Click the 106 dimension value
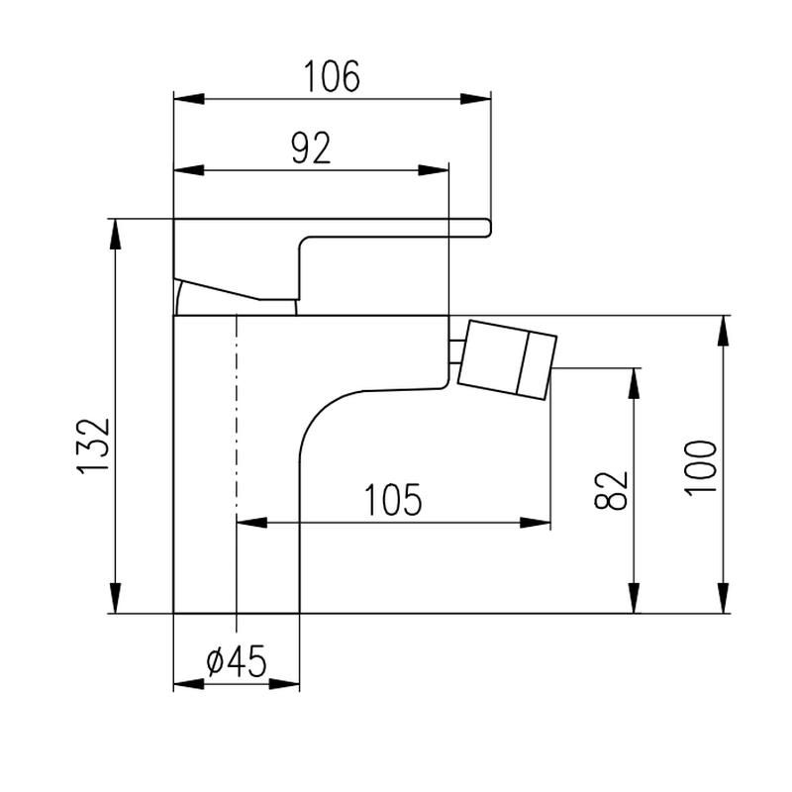coord(332,76)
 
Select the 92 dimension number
coord(311,148)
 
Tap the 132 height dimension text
coord(93,445)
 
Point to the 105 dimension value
coord(392,500)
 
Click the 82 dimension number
coord(611,490)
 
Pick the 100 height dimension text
coord(701,468)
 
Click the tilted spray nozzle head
coord(507,359)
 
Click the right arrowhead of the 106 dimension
coord(475,99)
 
